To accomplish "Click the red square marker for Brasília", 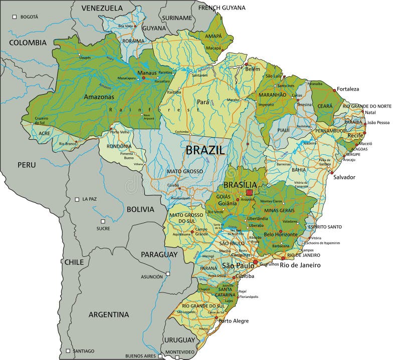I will click(x=249, y=192).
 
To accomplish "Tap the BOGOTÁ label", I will click(x=29, y=17).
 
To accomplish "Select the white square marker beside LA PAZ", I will click(x=77, y=199).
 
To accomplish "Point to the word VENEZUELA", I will click(x=102, y=8).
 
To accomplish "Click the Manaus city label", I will click(x=147, y=73).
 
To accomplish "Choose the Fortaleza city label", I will click(x=348, y=89).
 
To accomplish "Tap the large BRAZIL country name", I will click(x=206, y=150).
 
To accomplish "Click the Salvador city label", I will click(x=344, y=177).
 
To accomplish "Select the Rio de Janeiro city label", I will click(x=300, y=265).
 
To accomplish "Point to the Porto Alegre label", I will click(x=233, y=321).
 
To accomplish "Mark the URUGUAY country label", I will click(x=178, y=340).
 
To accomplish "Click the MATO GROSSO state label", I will click(x=185, y=171).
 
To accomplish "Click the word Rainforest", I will click(x=150, y=109).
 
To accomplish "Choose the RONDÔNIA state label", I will click(x=119, y=146).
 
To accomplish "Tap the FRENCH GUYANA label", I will click(x=222, y=8).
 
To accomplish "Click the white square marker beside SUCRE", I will click(x=103, y=221).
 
